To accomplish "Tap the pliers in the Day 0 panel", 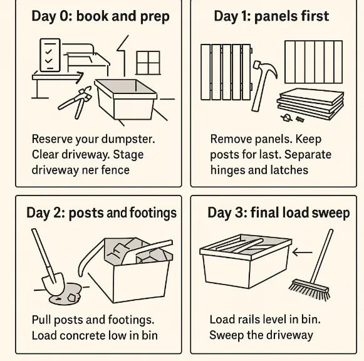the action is pos(75,102).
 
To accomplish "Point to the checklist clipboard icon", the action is pos(50,55).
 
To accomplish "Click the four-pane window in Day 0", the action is pos(148,63).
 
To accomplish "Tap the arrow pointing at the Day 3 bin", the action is pos(302,252).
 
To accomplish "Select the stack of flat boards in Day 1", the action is pos(311,103).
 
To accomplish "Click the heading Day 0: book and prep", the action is pos(100,16).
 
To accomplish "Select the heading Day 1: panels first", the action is pos(271,16).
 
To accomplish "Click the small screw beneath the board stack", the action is pos(299,119).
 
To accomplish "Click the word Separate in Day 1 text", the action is pos(308,155).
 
